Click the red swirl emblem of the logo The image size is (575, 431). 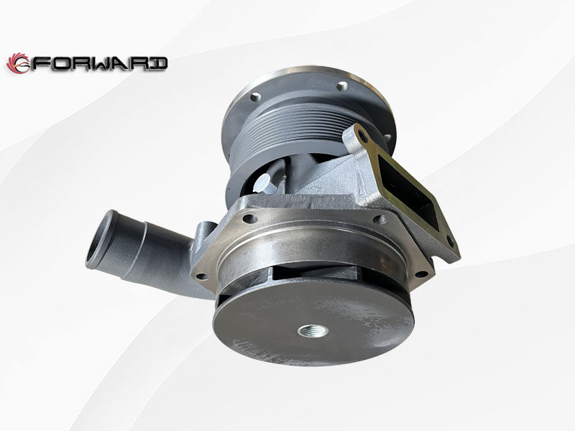17,63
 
